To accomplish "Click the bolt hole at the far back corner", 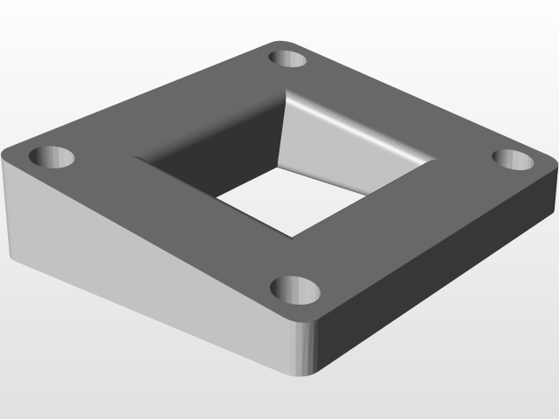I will coord(288,58).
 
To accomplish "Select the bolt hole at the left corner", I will coord(52,158).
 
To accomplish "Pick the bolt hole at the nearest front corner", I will coord(294,288).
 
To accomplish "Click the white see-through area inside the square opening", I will coord(288,201).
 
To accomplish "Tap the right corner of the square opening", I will coord(434,161).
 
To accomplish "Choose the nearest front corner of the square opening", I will coord(290,237).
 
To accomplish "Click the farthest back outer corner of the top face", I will coord(284,40).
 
